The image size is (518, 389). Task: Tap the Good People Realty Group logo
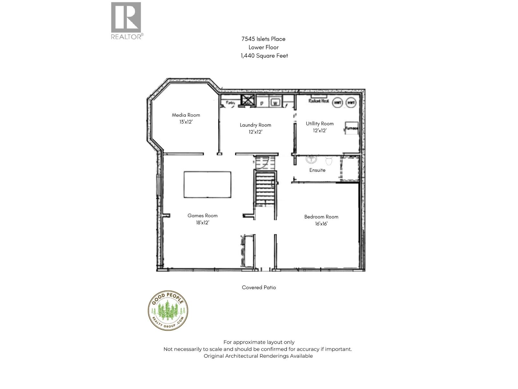coord(168,310)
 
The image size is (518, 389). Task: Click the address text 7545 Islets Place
coord(263,39)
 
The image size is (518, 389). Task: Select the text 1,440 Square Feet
coord(264,56)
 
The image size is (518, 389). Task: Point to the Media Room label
coord(186,115)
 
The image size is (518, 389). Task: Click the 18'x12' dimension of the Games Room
coord(202,223)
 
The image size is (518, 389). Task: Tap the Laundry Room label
coord(255,125)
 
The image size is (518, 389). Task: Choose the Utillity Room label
coord(320,124)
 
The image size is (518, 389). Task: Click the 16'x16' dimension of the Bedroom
coord(321,224)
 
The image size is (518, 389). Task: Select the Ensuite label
coord(317,170)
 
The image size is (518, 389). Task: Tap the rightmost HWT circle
coord(351,103)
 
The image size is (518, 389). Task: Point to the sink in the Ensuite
coord(311,159)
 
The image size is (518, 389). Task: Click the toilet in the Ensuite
coord(329,160)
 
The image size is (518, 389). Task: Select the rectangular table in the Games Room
coord(208,184)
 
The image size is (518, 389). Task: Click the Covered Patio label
coord(259,288)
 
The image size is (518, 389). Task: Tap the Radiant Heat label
coord(319,101)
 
